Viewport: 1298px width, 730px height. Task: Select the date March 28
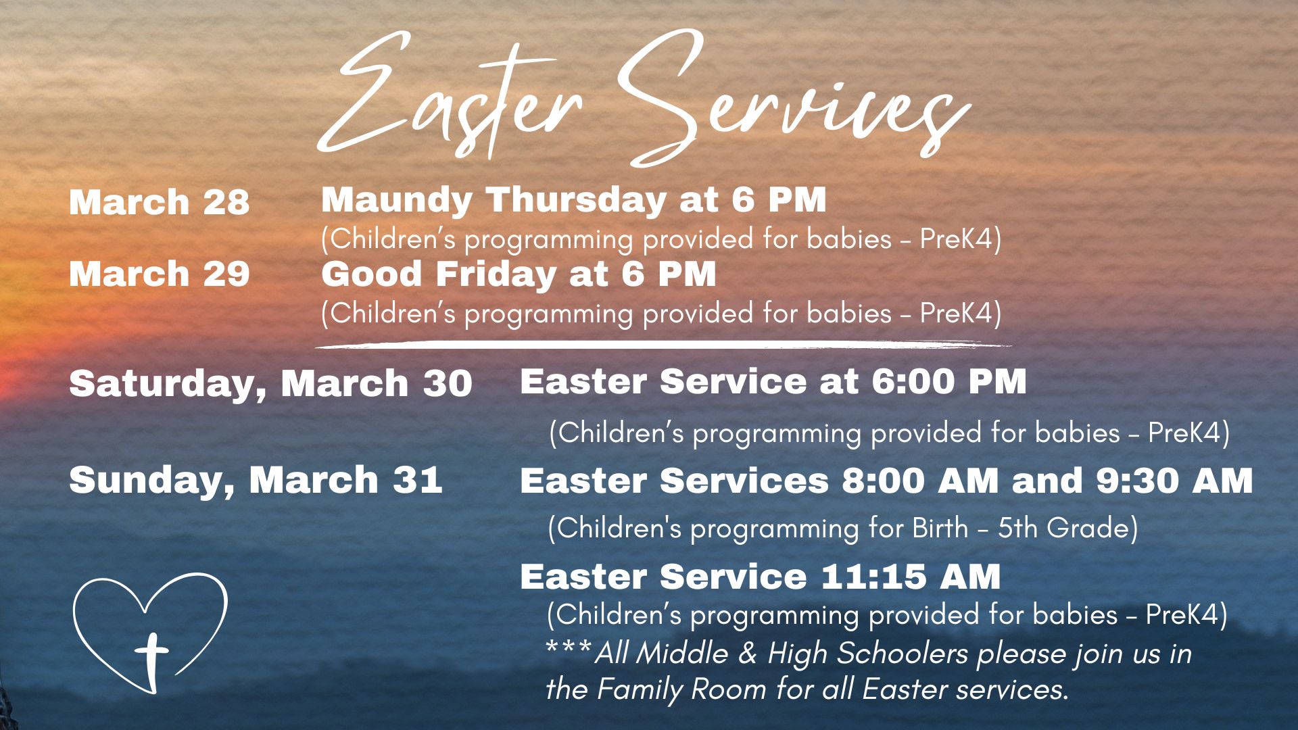coord(159,203)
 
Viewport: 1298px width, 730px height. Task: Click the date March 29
coord(159,274)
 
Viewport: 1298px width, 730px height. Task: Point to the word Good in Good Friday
coord(371,274)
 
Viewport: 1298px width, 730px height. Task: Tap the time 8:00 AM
coord(920,481)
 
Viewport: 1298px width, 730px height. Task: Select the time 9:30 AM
coord(1174,481)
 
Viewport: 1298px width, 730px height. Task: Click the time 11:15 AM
coord(911,577)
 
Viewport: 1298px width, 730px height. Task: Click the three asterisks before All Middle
coord(569,650)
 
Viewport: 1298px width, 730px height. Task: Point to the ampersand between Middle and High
coord(748,654)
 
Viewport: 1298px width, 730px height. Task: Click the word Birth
coord(940,529)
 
